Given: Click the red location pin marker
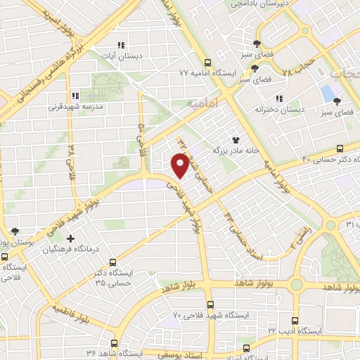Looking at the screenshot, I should coord(180,166).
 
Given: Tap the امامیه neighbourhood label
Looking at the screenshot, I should coord(204,102).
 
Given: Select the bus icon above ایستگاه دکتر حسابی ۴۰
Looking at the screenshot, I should coord(340,148).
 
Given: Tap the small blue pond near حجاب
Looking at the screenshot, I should coord(327,92).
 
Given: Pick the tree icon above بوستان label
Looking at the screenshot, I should coord(15,231).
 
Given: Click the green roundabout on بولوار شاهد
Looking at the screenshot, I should coord(296,284).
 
